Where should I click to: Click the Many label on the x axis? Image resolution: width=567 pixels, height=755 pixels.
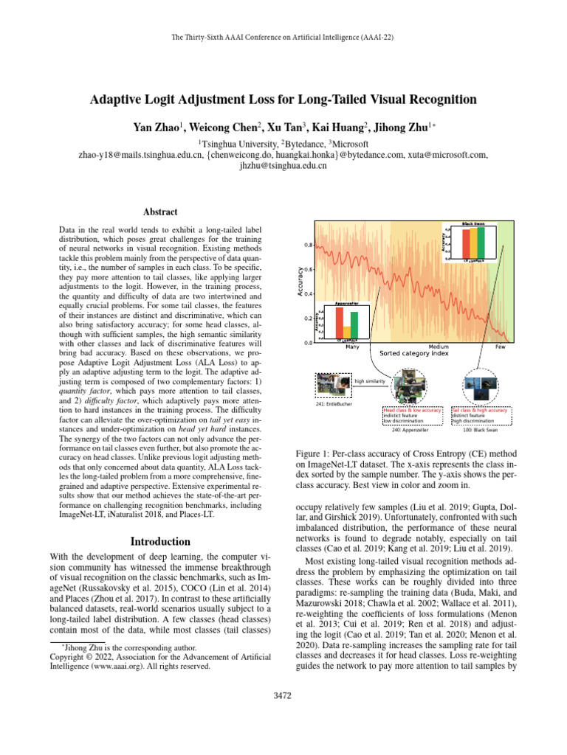coord(353,347)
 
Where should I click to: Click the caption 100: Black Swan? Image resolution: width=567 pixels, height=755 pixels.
coord(478,430)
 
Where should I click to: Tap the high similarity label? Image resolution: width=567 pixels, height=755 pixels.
coord(369,381)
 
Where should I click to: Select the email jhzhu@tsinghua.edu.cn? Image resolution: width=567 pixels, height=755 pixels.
coord(283,167)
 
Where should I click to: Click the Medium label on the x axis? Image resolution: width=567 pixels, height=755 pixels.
coord(439,347)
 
